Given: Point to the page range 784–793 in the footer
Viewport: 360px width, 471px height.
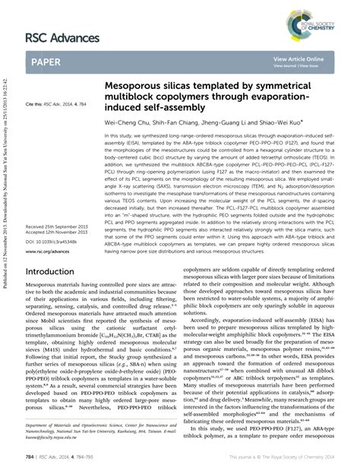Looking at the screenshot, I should [95, 457].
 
